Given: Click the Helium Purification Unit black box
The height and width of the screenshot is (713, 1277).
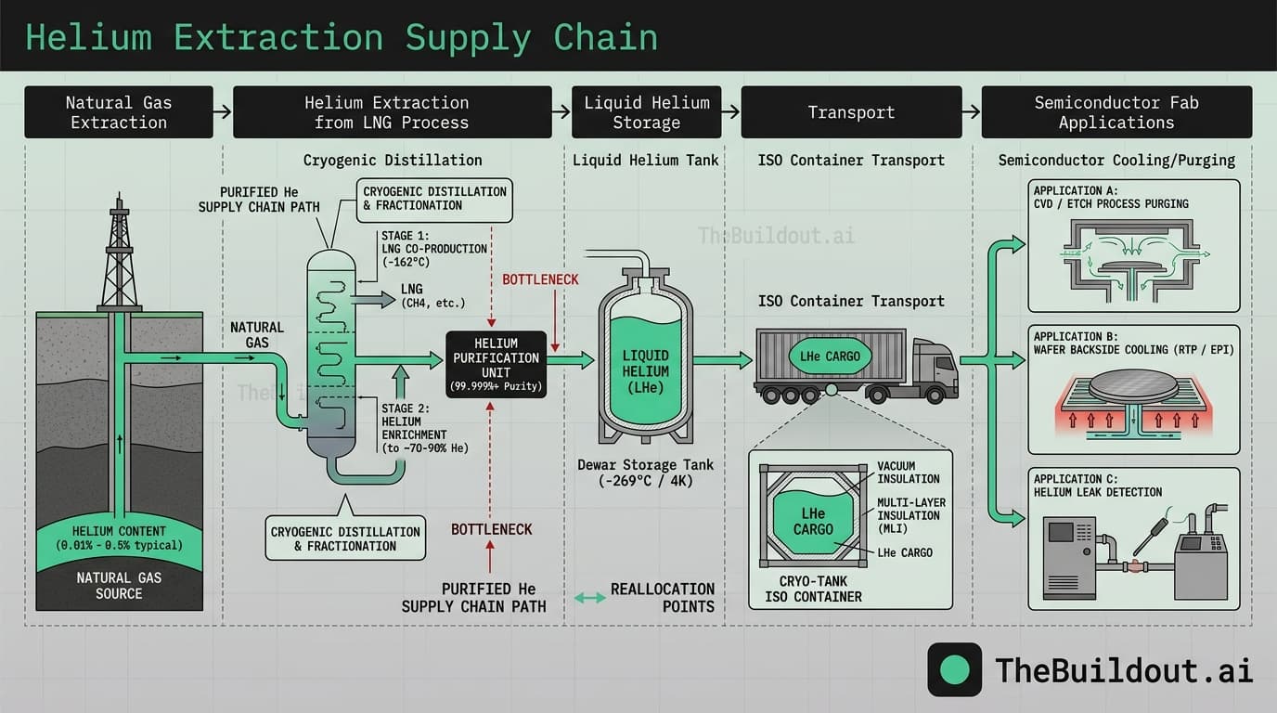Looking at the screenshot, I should [496, 364].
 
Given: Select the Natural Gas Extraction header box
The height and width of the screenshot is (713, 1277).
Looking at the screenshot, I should [119, 112].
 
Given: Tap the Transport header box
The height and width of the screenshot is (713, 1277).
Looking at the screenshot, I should [851, 112].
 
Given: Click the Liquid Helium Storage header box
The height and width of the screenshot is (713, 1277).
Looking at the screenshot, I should [646, 112].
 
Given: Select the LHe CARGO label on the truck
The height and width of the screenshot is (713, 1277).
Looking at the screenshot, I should [830, 356].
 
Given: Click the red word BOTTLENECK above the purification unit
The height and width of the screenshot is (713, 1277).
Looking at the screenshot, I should [540, 279].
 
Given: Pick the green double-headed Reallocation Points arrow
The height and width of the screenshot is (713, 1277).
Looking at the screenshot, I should [590, 598].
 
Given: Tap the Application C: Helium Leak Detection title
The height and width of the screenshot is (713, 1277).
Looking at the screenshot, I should [1097, 485].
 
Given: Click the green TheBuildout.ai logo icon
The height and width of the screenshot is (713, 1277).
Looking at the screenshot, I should [954, 669].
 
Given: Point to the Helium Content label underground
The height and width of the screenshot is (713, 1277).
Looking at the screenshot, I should [119, 538].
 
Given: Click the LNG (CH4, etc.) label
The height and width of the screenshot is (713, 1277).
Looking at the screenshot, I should [432, 296].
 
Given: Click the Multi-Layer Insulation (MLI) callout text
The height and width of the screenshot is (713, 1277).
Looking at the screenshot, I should [909, 515].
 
